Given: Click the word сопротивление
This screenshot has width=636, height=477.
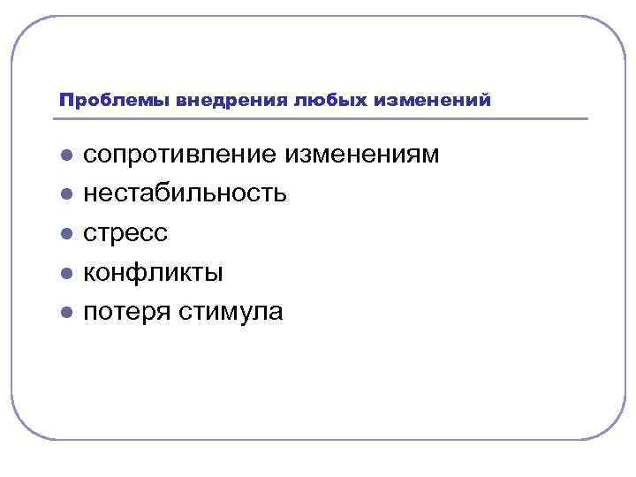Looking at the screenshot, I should (x=181, y=155).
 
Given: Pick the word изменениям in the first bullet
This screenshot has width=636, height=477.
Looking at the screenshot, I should (x=362, y=155).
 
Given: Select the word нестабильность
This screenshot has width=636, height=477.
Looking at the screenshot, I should (x=185, y=193).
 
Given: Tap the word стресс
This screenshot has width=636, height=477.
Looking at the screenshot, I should (x=125, y=233).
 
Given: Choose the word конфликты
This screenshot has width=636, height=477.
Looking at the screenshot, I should (x=153, y=273).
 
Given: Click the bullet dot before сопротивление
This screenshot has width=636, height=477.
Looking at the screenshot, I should (x=65, y=156).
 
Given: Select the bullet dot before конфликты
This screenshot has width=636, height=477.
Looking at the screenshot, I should (x=65, y=274).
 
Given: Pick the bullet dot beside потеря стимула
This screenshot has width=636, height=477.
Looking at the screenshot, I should (x=65, y=313).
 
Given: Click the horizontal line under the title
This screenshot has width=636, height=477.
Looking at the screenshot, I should (x=323, y=118).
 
